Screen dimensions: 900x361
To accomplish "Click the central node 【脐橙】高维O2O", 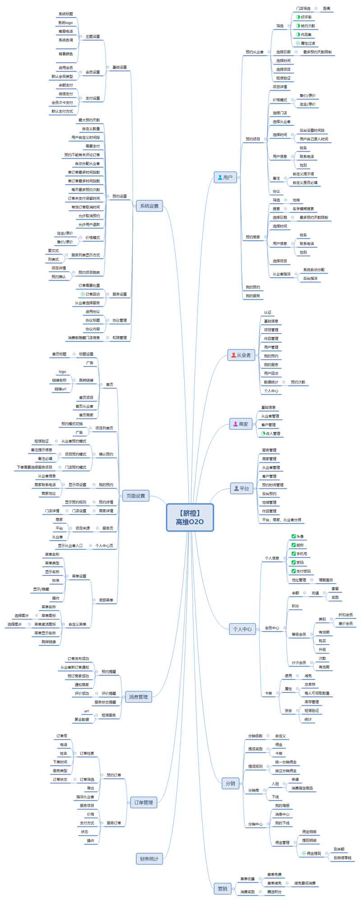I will coord(190,517).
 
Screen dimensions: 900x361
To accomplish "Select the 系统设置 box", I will coord(149,206).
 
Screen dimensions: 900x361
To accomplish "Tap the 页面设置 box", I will coord(135,496).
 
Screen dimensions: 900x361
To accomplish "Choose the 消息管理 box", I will coord(138,696).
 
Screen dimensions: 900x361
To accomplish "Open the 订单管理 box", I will coord(143,802).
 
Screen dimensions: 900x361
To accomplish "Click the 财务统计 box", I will coord(149,858).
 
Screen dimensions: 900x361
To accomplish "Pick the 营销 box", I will coord(222,888).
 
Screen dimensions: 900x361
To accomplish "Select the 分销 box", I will coord(230,783).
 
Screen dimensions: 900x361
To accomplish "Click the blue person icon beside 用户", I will coord(220,177).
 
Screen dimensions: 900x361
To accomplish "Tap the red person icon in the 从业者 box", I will coord(233,355).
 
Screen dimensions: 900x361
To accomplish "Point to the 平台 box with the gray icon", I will coord(241,488).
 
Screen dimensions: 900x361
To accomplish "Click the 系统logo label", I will coord(65,23).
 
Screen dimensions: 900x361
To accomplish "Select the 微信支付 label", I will coord(65,94).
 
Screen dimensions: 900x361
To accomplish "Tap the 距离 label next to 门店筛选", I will coord(326,8).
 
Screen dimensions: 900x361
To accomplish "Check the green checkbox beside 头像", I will coord(294,536).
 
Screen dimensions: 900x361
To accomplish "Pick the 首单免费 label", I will coord(274,874).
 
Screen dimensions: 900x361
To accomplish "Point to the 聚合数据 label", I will coord(82,719).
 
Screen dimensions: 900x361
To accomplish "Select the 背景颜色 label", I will coord(65,54).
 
